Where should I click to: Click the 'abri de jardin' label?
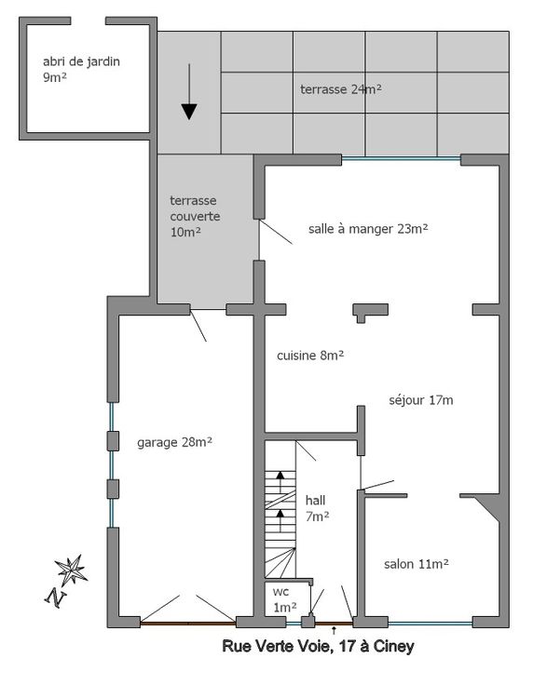(x=81, y=61)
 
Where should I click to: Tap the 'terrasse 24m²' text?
(x=341, y=89)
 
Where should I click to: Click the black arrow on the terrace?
(x=189, y=92)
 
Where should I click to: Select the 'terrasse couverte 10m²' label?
(x=195, y=216)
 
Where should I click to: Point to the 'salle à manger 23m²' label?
(x=368, y=228)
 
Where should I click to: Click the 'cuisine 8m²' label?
(x=310, y=356)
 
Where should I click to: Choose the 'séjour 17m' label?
(x=421, y=400)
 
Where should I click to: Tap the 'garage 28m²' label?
(x=175, y=442)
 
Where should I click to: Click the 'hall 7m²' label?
(x=317, y=508)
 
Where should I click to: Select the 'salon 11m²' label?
(x=417, y=564)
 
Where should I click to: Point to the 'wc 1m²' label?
(x=284, y=599)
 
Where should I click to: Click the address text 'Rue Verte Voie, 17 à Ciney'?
(x=319, y=646)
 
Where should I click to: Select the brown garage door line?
(x=188, y=623)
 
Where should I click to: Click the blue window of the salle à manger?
(x=401, y=159)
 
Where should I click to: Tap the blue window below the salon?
(x=430, y=624)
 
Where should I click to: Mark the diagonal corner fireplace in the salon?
(x=486, y=506)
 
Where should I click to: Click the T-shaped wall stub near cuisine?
(x=370, y=312)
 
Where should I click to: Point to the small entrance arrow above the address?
(x=335, y=630)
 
